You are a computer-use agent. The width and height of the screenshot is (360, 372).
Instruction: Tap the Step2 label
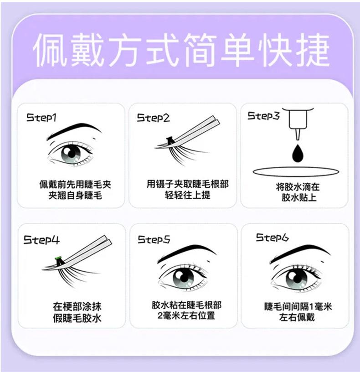pyautogui.click(x=153, y=118)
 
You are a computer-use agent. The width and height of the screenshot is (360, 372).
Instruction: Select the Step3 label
pyautogui.click(x=263, y=116)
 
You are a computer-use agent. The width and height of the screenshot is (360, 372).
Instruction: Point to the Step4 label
pyautogui.click(x=41, y=239)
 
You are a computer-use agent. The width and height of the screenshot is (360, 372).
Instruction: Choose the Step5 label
pyautogui.click(x=154, y=239)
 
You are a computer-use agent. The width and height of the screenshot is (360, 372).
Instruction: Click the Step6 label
pyautogui.click(x=272, y=237)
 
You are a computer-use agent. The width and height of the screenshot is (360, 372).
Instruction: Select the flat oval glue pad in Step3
pyautogui.click(x=296, y=172)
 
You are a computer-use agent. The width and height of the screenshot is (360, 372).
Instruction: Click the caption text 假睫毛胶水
pyautogui.click(x=77, y=318)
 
